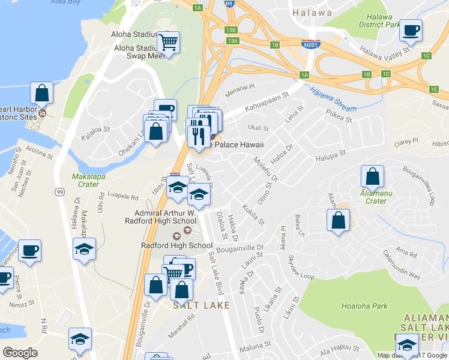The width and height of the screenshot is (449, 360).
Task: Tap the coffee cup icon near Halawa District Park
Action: (411, 31)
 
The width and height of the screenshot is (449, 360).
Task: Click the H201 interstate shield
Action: (310, 44)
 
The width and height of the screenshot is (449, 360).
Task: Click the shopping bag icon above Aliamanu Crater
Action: (372, 177)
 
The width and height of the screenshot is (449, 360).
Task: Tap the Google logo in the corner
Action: (20, 353)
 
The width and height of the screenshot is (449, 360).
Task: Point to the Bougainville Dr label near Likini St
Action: (240, 247)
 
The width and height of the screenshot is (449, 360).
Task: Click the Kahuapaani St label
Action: (265, 99)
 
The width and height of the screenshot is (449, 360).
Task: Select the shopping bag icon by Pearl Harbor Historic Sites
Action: (41, 93)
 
